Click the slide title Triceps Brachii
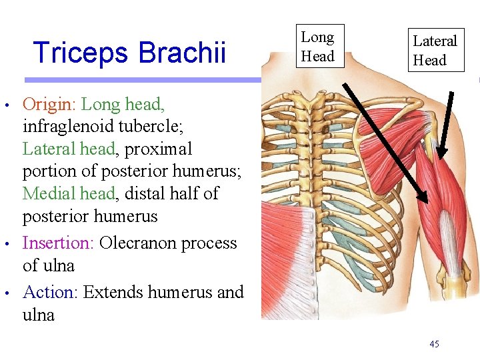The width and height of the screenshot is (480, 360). click(x=129, y=52)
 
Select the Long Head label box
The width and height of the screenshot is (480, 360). click(x=317, y=47)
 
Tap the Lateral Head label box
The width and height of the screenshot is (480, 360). click(x=435, y=50)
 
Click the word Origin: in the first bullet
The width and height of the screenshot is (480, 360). click(x=51, y=104)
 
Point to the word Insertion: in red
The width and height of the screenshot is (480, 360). click(x=58, y=243)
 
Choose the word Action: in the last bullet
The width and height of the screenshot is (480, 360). click(x=50, y=292)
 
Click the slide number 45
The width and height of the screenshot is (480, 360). click(x=434, y=344)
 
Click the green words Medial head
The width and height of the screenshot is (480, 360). click(x=69, y=193)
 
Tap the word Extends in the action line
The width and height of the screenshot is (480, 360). click(x=113, y=292)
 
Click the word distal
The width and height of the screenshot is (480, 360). click(x=154, y=193)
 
